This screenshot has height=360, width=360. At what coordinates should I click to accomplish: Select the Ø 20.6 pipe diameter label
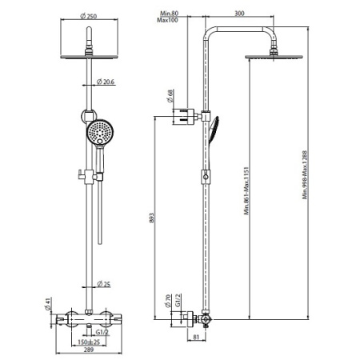107,82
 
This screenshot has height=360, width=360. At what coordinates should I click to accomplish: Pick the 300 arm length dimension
241,13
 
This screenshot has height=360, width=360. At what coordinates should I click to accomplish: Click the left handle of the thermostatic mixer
67,320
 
